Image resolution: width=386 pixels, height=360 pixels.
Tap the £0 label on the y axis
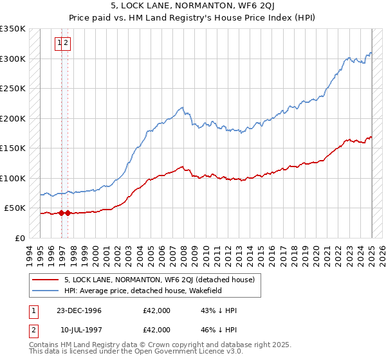(x=20, y=238)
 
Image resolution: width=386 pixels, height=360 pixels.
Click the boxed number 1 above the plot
(x=59, y=44)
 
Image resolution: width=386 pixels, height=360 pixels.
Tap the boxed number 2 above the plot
(x=66, y=44)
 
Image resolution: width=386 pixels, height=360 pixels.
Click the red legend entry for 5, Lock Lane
(x=160, y=280)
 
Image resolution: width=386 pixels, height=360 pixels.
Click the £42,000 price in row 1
(x=156, y=310)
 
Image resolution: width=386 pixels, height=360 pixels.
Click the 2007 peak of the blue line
(x=182, y=107)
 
